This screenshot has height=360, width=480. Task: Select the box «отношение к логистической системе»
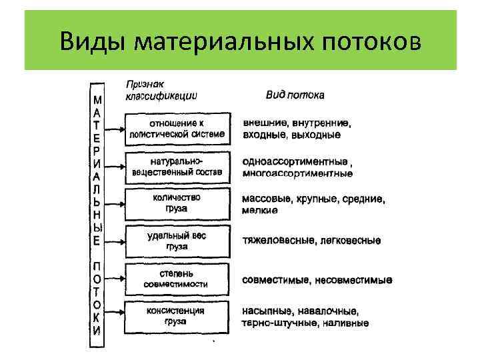click(176, 129)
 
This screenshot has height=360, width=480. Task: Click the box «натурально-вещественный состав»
click(176, 167)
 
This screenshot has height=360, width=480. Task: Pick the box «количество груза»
click(176, 203)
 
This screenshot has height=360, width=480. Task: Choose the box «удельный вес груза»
click(176, 240)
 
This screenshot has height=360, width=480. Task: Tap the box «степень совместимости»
click(176, 278)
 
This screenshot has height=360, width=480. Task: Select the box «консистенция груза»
click(176, 315)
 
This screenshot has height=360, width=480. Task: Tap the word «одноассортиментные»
click(295, 162)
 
